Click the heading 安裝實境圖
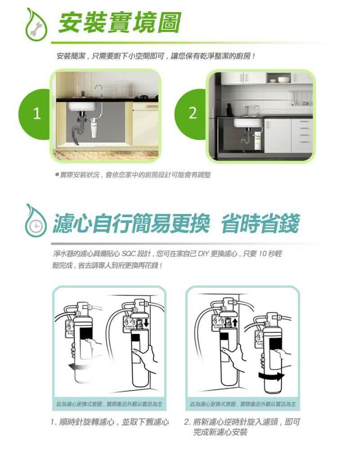(x=120, y=23)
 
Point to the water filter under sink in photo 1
(x=94, y=129)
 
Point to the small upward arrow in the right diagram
(x=234, y=322)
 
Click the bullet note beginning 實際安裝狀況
(x=132, y=174)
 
